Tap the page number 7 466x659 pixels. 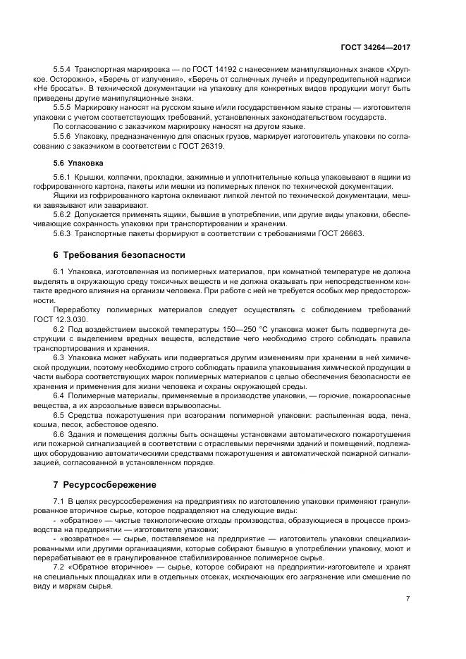click(x=407, y=598)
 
